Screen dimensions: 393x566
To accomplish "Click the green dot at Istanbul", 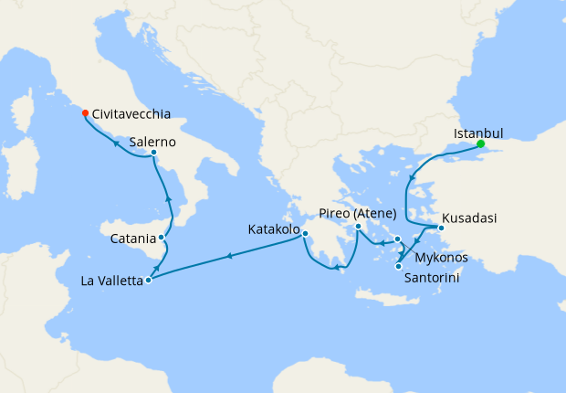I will pos(480,143).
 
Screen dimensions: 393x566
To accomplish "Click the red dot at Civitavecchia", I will pos(85,113).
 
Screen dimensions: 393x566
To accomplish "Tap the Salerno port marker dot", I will pos(153,152).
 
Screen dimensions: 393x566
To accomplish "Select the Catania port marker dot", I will pos(162,238).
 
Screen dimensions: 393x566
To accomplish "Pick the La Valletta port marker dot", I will pos(148,280).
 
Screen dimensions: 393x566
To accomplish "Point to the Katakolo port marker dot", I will pos(305,233).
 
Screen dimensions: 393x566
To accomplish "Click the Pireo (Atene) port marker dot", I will pos(359,226).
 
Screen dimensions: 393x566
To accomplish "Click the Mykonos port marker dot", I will pos(398,239).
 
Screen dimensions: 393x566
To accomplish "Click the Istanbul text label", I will pos(478,133).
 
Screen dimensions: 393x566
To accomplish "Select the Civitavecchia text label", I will pos(131,115).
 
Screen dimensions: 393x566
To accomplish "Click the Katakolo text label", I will pos(273,229).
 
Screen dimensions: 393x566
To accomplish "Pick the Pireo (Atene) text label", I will pos(358,213).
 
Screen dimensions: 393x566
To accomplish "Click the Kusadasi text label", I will pos(471,220).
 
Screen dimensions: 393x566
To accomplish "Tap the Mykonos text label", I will pos(441,258).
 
